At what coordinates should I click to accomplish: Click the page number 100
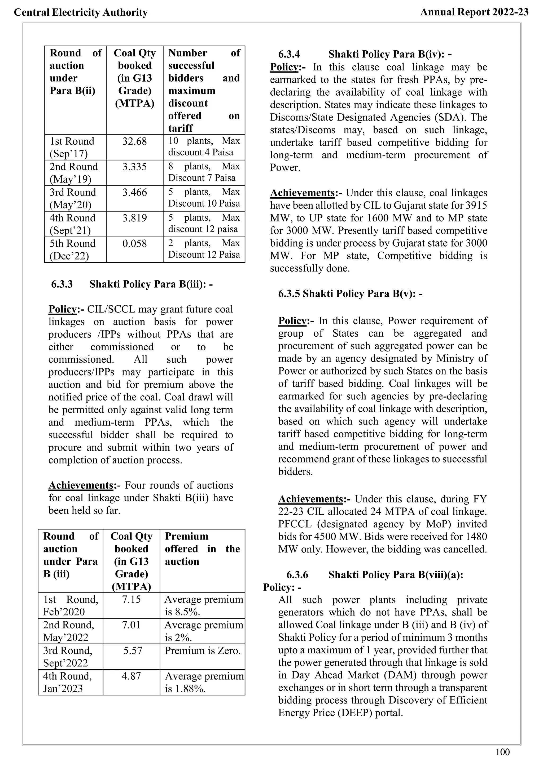[x=502, y=752]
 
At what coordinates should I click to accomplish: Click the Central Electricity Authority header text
[x=81, y=12]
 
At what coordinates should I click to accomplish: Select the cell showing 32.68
[x=134, y=141]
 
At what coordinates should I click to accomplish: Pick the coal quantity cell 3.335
[x=134, y=167]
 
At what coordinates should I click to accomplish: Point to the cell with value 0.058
[x=134, y=244]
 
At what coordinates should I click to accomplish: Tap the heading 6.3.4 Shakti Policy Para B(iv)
[x=365, y=54]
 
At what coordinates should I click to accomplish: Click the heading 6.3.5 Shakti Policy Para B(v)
[x=350, y=294]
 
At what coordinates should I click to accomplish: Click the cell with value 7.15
[x=132, y=600]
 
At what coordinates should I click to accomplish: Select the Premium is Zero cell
[x=203, y=651]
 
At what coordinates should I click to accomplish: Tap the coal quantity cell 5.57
[x=132, y=651]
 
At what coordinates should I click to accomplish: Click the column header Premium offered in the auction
[x=202, y=549]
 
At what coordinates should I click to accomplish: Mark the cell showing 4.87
[x=132, y=676]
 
